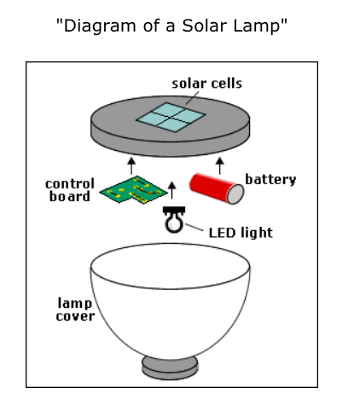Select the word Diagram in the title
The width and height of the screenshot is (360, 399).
[x=100, y=26]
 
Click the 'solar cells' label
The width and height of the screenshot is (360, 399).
[x=206, y=84]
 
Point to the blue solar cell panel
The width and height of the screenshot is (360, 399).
[x=171, y=118]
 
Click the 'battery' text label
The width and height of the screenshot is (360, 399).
[x=270, y=180]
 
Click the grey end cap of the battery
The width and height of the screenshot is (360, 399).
[x=235, y=194]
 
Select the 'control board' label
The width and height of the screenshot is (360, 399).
[x=70, y=190]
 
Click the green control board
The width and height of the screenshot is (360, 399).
[x=133, y=190]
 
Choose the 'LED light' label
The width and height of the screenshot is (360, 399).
[x=241, y=233]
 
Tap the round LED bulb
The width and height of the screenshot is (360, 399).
[x=173, y=223]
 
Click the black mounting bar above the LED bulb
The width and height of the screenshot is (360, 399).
[x=174, y=210]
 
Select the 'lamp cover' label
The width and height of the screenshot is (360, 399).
[x=75, y=309]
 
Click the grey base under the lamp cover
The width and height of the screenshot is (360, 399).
[x=170, y=368]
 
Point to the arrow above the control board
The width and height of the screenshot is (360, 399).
[x=131, y=166]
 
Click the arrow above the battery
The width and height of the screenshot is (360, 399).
[x=219, y=166]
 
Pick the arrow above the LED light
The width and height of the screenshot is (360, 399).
[x=171, y=190]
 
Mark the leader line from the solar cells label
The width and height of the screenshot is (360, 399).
[x=192, y=98]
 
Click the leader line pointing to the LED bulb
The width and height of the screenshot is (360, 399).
[x=195, y=227]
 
